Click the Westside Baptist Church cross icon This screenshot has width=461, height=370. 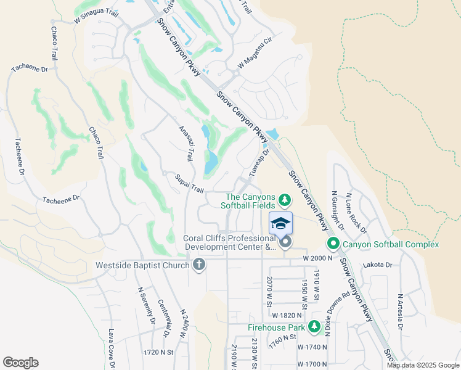(198, 266)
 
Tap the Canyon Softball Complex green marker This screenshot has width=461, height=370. (333, 244)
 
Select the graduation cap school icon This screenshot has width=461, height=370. (280, 223)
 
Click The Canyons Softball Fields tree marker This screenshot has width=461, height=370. (284, 199)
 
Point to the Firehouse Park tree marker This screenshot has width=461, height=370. (317, 328)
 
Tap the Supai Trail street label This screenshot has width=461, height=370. (189, 183)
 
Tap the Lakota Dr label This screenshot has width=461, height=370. (378, 265)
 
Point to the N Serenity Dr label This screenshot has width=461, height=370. (146, 306)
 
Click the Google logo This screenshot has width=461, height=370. (20, 363)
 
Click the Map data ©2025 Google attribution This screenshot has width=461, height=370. (423, 365)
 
